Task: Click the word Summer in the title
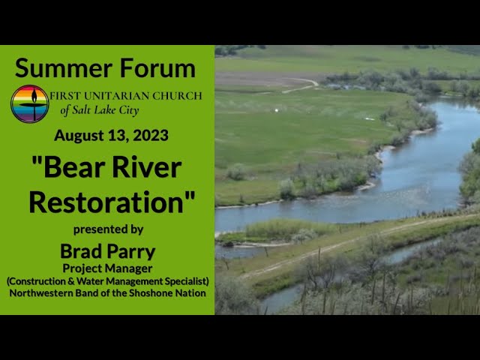coord(63,68)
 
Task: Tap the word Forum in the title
coord(157,68)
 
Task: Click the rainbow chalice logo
coord(30,104)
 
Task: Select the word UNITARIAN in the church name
coord(117,96)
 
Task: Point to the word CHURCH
coord(177,96)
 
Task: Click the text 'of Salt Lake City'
coord(100,110)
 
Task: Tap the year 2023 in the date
coord(151,135)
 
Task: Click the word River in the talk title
coord(147,167)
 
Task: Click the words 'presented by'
coord(108,229)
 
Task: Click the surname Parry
coord(131,252)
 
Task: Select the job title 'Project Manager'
coord(107,268)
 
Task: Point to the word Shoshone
coord(151,293)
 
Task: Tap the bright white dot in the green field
coord(277,110)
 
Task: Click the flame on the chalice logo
coord(34,95)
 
